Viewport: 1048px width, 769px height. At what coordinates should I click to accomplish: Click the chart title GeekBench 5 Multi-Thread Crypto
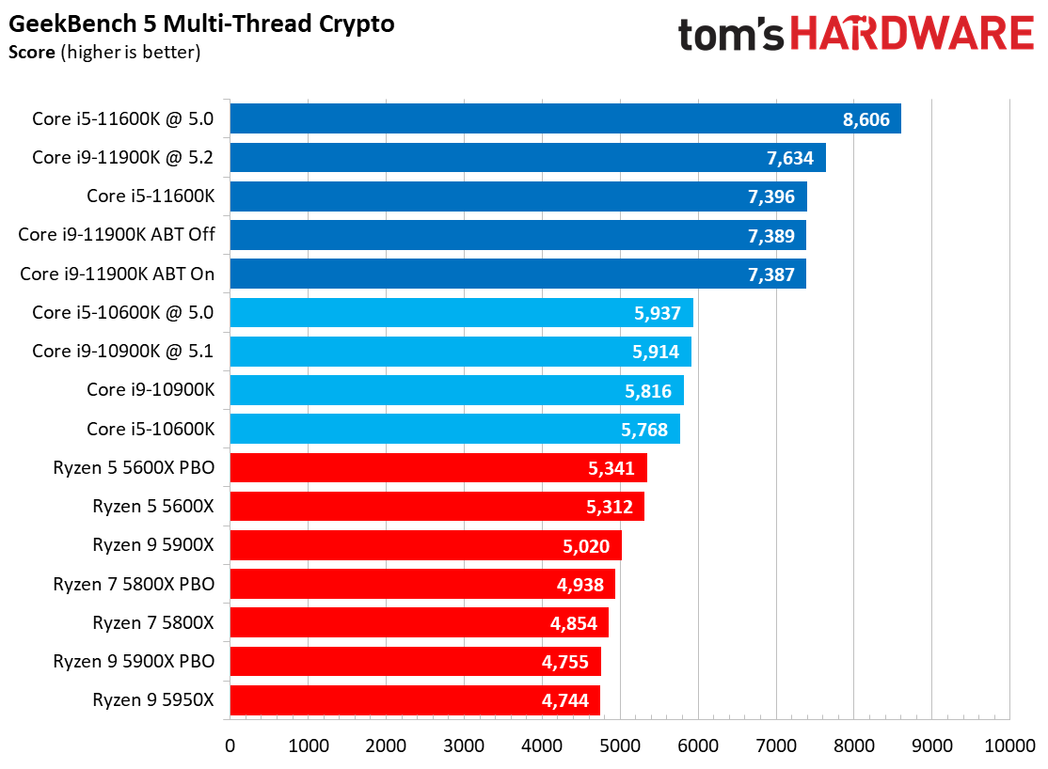(201, 24)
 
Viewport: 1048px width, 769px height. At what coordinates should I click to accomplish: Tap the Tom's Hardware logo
(855, 35)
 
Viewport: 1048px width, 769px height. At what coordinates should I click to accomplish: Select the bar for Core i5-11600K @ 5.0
(564, 118)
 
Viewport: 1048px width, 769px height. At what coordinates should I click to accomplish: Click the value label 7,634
(789, 158)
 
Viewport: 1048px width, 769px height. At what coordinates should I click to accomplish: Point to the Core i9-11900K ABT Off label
(117, 235)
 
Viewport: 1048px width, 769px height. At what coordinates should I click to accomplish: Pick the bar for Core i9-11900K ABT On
(517, 274)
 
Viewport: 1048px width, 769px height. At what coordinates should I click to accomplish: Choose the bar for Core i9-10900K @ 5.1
(460, 352)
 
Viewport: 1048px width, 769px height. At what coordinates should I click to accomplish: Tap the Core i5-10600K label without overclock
(151, 429)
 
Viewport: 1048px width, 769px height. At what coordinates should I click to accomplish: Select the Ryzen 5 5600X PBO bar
(437, 467)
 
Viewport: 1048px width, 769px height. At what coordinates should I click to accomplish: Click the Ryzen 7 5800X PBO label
(134, 584)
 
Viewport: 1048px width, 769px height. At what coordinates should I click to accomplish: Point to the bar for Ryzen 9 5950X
(414, 699)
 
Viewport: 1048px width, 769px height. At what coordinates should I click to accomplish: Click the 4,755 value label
(565, 662)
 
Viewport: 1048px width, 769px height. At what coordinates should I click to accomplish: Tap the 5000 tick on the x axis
(620, 745)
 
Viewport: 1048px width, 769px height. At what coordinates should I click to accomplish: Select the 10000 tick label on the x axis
(1009, 745)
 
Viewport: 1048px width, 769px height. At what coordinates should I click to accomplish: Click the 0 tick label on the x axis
(230, 745)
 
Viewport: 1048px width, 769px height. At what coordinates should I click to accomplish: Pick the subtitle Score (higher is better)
(104, 52)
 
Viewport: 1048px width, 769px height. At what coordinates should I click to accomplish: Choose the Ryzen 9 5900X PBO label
(134, 661)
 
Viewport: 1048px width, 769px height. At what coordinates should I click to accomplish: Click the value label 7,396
(771, 196)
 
